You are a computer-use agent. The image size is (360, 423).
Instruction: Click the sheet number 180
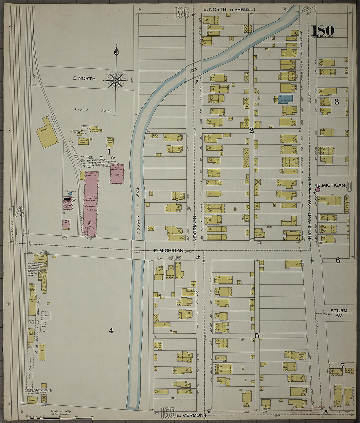click(323, 31)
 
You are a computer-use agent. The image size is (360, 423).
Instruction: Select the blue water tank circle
click(70, 194)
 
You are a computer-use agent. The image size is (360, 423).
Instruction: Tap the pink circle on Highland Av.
click(317, 189)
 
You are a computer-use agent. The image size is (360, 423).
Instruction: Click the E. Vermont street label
click(191, 415)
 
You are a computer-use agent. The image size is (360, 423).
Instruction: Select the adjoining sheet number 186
click(182, 12)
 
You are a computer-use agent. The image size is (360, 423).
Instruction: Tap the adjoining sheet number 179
click(18, 212)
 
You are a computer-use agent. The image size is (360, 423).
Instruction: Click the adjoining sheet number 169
click(168, 413)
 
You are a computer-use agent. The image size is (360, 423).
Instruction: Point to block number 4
click(111, 331)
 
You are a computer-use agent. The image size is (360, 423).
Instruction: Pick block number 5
click(257, 336)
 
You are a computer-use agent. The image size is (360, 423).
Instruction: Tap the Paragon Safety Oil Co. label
click(39, 391)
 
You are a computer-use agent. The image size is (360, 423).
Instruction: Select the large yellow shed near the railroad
click(48, 135)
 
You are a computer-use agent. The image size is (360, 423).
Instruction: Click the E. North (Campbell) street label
click(229, 9)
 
